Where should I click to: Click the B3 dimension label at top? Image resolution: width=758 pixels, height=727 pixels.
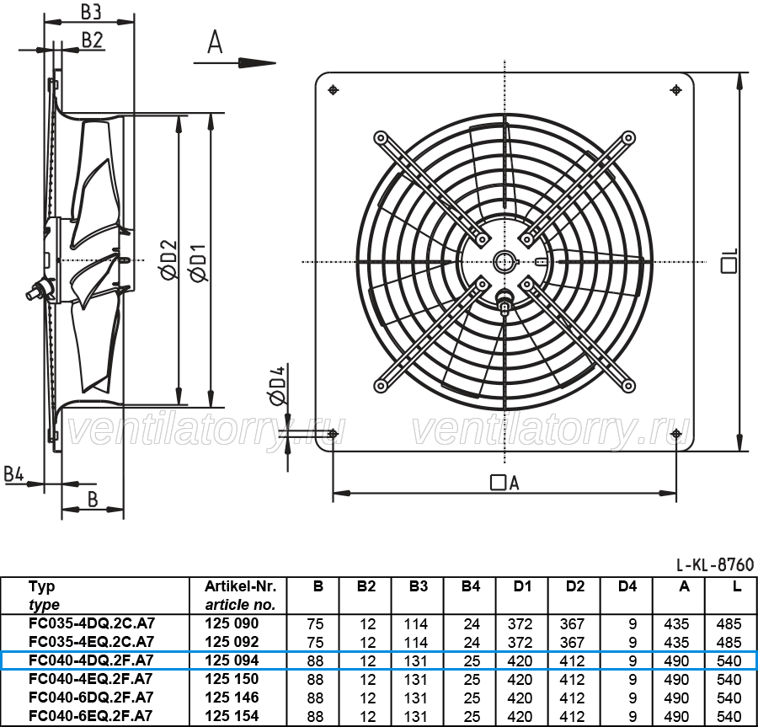pyautogui.click(x=91, y=11)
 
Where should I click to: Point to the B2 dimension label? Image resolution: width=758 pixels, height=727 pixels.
pyautogui.click(x=93, y=40)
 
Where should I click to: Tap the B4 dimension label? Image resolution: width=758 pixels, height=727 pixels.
pyautogui.click(x=13, y=474)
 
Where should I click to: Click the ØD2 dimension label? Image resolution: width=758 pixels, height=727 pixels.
pyautogui.click(x=169, y=260)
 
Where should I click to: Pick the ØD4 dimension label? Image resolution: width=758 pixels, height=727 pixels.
pyautogui.click(x=276, y=385)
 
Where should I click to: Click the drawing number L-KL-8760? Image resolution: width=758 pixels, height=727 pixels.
pyautogui.click(x=715, y=564)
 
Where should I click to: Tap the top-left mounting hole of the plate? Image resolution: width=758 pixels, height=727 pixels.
pyautogui.click(x=333, y=90)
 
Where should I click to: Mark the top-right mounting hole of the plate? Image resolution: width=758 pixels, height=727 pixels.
pyautogui.click(x=675, y=90)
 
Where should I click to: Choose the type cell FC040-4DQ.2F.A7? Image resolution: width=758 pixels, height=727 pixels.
pyautogui.click(x=91, y=660)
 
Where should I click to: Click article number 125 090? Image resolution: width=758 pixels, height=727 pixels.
pyautogui.click(x=232, y=623)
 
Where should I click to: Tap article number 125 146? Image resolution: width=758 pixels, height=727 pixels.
pyautogui.click(x=232, y=698)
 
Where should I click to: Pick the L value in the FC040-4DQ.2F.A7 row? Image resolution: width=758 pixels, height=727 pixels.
pyautogui.click(x=729, y=660)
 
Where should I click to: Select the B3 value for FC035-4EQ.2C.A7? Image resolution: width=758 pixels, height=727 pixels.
pyautogui.click(x=416, y=643)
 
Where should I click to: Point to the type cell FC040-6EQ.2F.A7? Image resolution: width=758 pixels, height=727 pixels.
pyautogui.click(x=90, y=716)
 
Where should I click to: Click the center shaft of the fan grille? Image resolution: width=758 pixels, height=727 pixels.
pyautogui.click(x=504, y=263)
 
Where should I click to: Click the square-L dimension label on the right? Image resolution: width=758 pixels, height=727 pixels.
pyautogui.click(x=729, y=261)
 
